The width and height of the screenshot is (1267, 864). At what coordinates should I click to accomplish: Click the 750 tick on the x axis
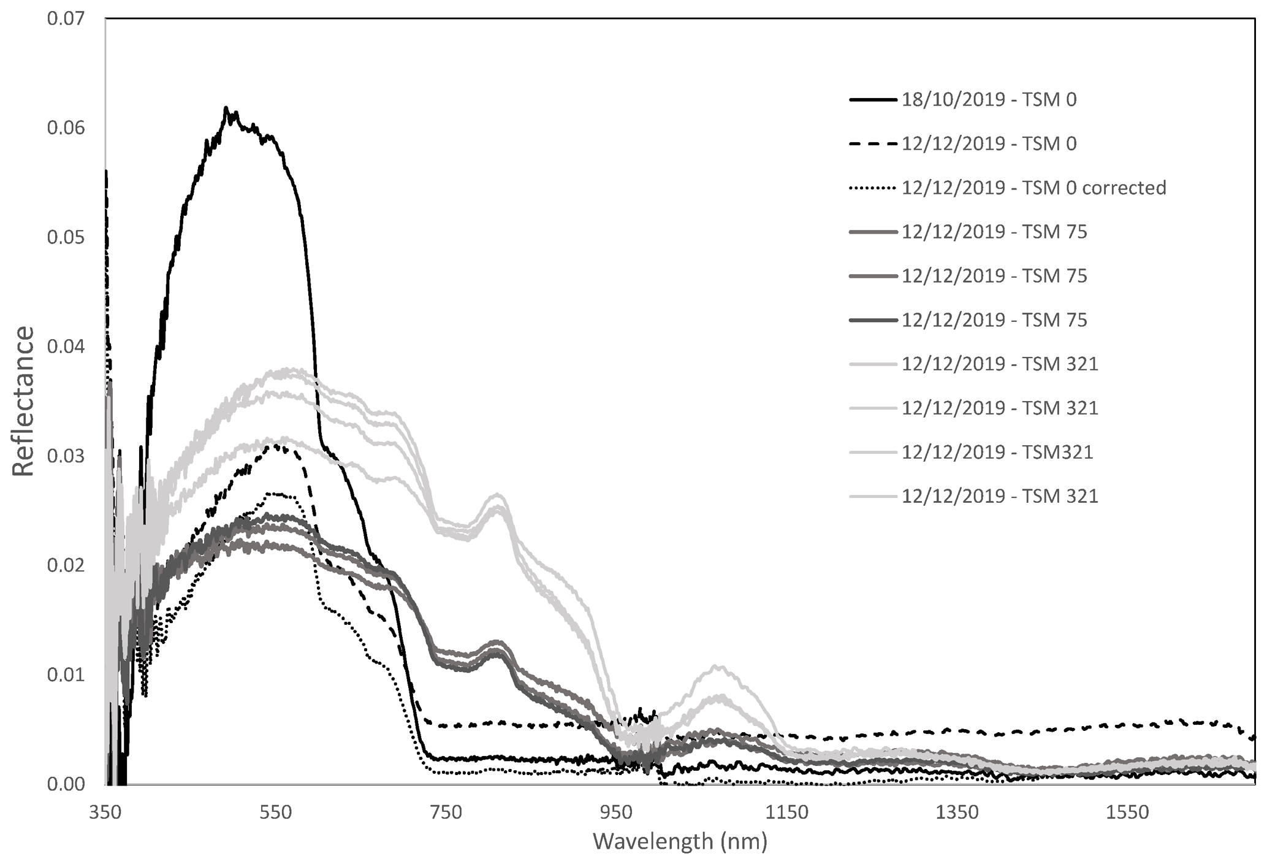pyautogui.click(x=446, y=812)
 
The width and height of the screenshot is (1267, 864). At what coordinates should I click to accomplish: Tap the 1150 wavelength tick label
pyautogui.click(x=788, y=812)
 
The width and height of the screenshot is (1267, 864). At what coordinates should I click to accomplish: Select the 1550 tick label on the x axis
pyautogui.click(x=1128, y=812)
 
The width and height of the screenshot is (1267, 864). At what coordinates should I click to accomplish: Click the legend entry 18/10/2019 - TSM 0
pyautogui.click(x=989, y=99)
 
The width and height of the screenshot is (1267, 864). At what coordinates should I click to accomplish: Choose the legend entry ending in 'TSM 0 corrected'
pyautogui.click(x=1033, y=188)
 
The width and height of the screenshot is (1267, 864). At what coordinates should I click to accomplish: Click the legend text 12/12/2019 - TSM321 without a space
pyautogui.click(x=997, y=452)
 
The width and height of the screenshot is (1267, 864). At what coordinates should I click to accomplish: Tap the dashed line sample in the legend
pyautogui.click(x=873, y=143)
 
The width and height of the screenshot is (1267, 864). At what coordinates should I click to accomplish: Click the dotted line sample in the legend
pyautogui.click(x=873, y=188)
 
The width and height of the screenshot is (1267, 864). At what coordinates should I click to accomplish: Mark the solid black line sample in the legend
pyautogui.click(x=873, y=99)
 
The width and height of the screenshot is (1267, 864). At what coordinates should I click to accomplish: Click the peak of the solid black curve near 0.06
pyautogui.click(x=226, y=109)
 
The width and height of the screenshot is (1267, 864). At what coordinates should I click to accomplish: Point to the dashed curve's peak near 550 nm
pyautogui.click(x=279, y=446)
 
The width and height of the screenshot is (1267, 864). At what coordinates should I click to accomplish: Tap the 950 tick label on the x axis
pyautogui.click(x=617, y=812)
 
